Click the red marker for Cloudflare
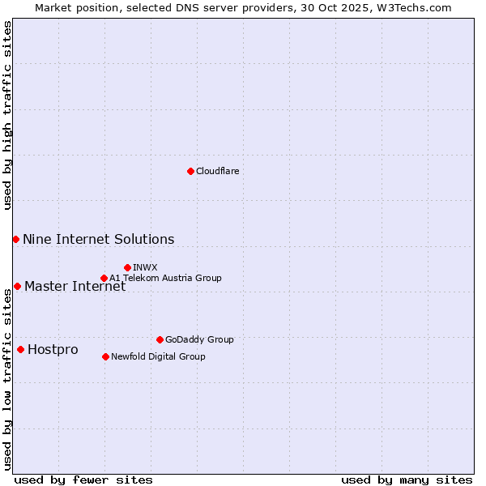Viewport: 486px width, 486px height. click(x=190, y=171)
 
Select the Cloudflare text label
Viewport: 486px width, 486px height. click(x=217, y=171)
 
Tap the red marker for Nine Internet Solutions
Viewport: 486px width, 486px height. click(x=15, y=239)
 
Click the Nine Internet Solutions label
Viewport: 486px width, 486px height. click(x=98, y=239)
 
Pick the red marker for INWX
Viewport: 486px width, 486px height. click(x=127, y=267)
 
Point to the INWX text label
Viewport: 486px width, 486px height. click(x=145, y=267)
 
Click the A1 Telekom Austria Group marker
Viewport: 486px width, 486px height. click(x=104, y=278)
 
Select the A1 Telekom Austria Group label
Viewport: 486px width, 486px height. click(x=165, y=278)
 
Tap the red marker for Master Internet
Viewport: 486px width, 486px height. click(x=17, y=286)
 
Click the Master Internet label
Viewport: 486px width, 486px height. click(x=75, y=286)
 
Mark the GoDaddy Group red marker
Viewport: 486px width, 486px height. click(x=160, y=339)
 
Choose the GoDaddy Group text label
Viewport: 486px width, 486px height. click(x=198, y=339)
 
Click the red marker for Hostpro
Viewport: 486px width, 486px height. click(x=20, y=349)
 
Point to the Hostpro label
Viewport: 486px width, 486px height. click(x=53, y=349)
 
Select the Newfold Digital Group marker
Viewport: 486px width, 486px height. click(x=105, y=356)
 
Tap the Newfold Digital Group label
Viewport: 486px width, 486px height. click(x=158, y=356)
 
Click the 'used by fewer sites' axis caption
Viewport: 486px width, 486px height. click(x=83, y=480)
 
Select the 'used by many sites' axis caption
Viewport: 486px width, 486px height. click(x=407, y=480)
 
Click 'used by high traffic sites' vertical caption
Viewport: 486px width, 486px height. click(x=7, y=116)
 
